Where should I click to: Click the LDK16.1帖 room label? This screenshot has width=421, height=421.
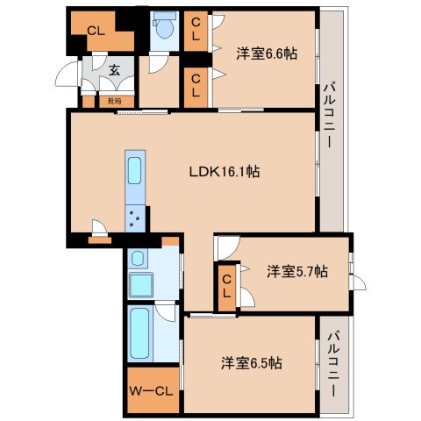click(225, 173)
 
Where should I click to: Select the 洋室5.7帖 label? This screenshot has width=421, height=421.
click(297, 272)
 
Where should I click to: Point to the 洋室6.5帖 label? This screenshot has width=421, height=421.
click(251, 361)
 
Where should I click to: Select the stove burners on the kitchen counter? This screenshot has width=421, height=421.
click(137, 217)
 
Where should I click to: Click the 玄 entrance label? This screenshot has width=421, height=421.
click(114, 71)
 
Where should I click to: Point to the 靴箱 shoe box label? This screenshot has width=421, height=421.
click(115, 101)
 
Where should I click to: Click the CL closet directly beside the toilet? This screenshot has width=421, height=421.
click(196, 31)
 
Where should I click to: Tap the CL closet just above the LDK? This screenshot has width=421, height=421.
click(196, 86)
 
